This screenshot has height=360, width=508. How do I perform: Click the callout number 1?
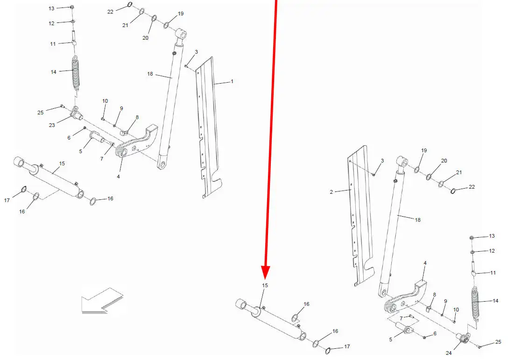[232, 81]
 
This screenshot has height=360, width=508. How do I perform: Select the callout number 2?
[331, 192]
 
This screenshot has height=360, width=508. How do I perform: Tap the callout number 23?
[52, 125]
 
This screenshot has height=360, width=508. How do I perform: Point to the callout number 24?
[448, 353]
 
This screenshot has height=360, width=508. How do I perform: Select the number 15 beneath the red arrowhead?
[265, 285]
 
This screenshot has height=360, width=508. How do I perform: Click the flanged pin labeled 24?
[464, 338]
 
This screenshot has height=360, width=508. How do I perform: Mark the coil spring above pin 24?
[475, 304]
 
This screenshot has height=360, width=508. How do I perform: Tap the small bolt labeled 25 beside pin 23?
[62, 106]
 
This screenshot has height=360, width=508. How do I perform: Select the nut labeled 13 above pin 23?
[72, 7]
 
